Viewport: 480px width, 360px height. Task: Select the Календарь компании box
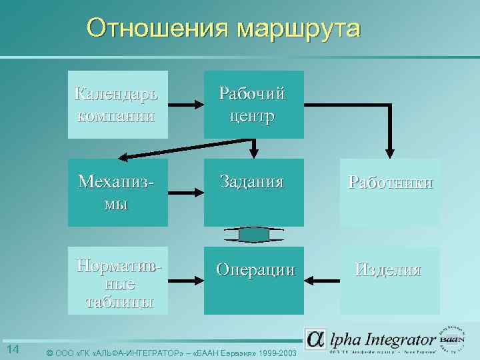pyautogui.click(x=117, y=105)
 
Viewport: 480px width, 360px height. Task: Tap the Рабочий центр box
pyautogui.click(x=253, y=105)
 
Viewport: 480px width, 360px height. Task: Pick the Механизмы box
pyautogui.click(x=117, y=192)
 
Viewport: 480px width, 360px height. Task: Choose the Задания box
pyautogui.click(x=253, y=192)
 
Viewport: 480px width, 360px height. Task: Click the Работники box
pyautogui.click(x=390, y=192)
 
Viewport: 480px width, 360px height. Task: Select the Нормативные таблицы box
pyautogui.click(x=117, y=281)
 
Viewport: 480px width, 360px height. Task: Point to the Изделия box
pyautogui.click(x=390, y=281)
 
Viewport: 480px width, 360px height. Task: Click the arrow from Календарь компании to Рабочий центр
pyautogui.click(x=185, y=105)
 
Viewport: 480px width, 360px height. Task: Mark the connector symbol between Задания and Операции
pyautogui.click(x=253, y=235)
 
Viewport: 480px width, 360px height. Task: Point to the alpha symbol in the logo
pyautogui.click(x=315, y=339)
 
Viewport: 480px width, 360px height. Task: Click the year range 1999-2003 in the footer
pyautogui.click(x=274, y=352)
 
